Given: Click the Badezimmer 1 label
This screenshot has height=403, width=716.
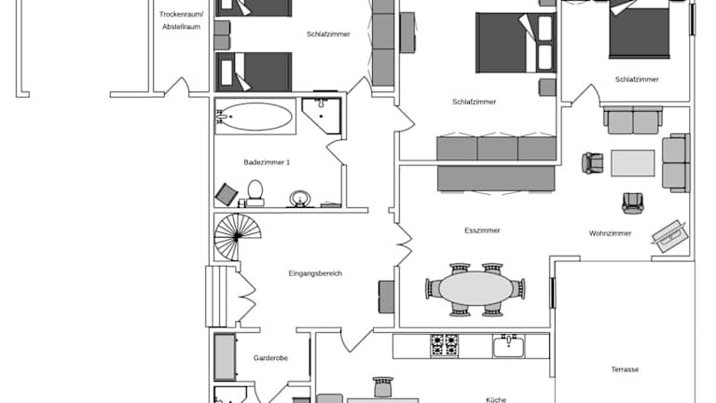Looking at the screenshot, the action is [267, 162].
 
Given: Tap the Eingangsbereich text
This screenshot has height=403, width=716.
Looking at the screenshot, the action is [315, 273].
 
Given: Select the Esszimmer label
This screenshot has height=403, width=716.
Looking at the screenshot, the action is [482, 230].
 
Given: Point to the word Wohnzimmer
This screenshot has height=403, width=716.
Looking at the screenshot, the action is [610, 233].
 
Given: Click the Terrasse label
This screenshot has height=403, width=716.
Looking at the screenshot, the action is [625, 369].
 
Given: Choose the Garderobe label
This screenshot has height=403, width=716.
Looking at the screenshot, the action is [270, 358].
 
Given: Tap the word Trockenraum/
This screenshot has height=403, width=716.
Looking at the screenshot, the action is [181, 14].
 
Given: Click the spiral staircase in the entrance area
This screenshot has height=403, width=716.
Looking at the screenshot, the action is [238, 237].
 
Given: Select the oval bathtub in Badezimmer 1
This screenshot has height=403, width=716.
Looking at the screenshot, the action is [255, 117].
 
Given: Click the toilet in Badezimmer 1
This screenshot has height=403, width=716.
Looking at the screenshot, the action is [255, 193].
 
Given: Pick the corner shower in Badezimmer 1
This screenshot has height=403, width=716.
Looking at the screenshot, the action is [322, 116].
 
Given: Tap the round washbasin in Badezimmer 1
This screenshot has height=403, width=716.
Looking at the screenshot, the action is [300, 200].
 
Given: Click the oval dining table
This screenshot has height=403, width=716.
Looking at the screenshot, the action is [475, 289].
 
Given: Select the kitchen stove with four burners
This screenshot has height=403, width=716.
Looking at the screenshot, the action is [445, 346].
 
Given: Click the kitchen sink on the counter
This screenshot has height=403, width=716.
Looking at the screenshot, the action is [509, 346].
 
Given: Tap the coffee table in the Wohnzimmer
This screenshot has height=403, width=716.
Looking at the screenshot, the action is [633, 163].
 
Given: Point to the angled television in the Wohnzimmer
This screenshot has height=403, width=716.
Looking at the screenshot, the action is [669, 236].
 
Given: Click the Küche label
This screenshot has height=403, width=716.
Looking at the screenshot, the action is [496, 400].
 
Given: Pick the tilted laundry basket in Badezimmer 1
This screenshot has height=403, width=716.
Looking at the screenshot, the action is [227, 194].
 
